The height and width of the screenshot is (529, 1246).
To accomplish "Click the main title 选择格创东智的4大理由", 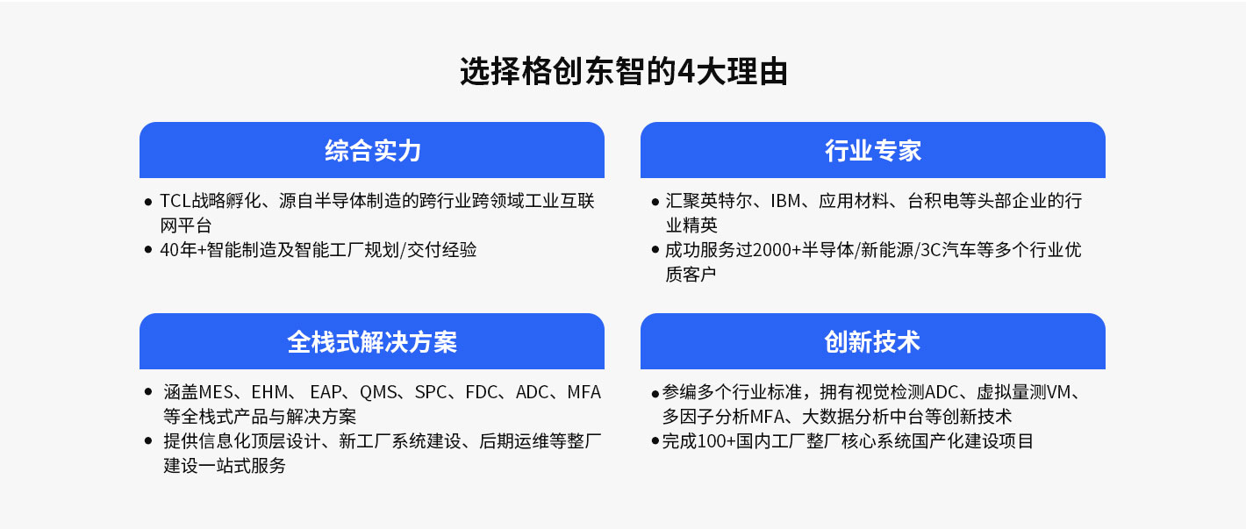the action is coord(624,72).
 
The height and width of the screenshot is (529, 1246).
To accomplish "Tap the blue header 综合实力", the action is coord(372,150).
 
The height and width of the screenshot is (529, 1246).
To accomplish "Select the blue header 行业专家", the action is coord(873,150).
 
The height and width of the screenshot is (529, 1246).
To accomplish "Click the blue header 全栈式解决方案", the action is coord(372,341).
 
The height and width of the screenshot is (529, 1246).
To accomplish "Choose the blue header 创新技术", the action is coord(873,341).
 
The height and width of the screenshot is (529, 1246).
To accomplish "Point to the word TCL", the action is coord(175,201).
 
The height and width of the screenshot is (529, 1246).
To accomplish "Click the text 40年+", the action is coord(183,250).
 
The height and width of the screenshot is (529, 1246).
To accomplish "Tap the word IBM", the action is coord(785,201).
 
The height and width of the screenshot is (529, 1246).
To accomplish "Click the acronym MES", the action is coord(216,392).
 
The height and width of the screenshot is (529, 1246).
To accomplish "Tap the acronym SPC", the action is coord(431,392).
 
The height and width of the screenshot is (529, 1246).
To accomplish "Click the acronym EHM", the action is coord(269,392).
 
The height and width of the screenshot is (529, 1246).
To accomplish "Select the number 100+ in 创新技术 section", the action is coord(716,441).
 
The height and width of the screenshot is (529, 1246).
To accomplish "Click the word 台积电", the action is coord(934,201).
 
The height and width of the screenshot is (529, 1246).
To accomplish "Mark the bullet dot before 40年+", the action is coord(148,250).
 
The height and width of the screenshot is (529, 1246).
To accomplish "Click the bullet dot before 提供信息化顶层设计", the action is coord(148,441).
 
